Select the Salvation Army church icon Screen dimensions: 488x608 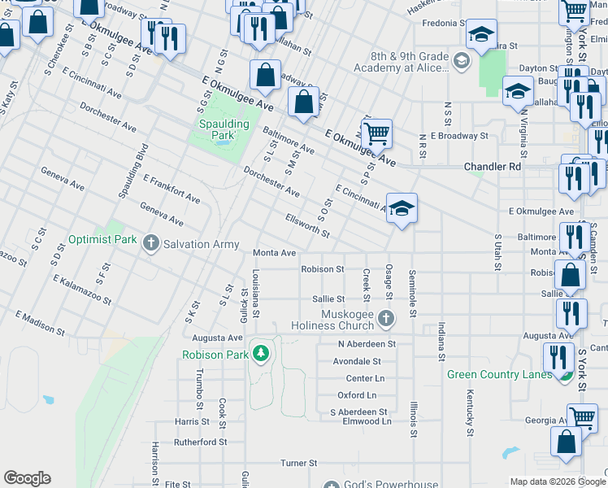150,243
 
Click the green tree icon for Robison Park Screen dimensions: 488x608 260,354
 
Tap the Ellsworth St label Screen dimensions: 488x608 307,227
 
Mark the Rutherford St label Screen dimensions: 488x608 201,442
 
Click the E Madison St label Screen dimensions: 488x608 39,322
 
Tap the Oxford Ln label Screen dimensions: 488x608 357,395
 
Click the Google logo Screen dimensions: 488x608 27,478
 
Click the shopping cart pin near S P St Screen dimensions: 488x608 376,133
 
